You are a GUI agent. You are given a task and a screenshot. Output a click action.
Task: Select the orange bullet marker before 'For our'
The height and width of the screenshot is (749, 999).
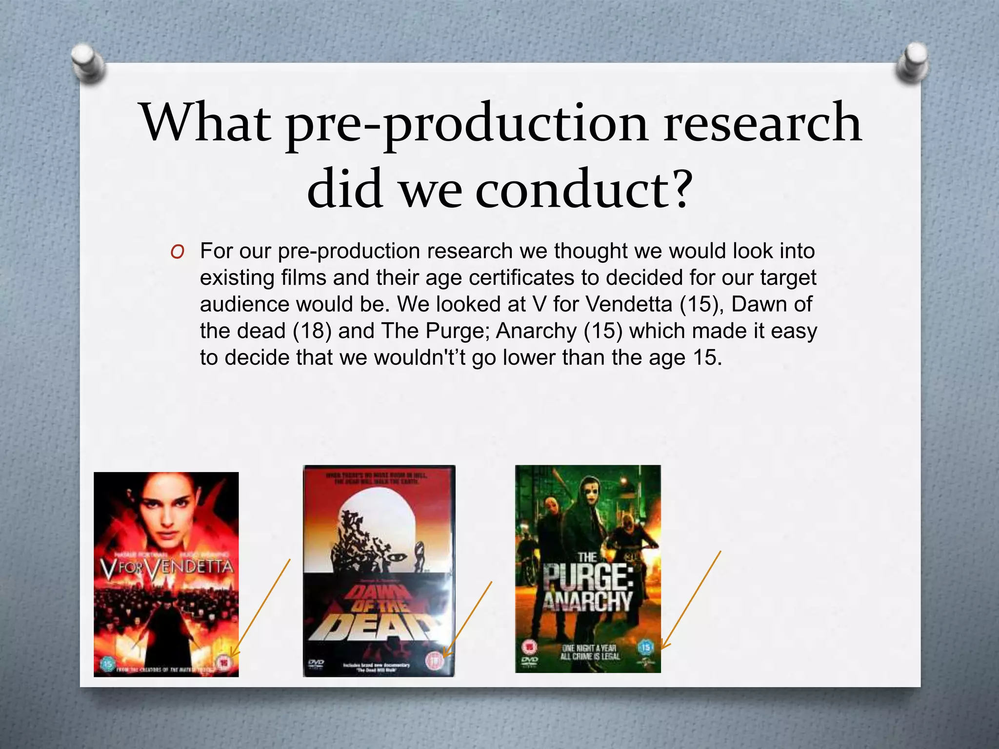click(178, 252)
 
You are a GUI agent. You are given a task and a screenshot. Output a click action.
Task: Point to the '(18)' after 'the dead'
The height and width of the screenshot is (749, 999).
click(312, 331)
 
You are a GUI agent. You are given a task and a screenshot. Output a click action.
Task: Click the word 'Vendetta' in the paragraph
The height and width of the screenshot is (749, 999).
click(629, 304)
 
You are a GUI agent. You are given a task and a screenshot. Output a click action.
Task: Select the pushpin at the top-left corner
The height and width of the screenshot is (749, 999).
click(88, 62)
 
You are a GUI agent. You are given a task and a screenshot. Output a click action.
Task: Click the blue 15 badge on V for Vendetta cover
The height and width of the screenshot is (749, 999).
click(108, 664)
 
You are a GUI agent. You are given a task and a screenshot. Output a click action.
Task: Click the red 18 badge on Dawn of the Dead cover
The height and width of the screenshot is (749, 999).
click(434, 660)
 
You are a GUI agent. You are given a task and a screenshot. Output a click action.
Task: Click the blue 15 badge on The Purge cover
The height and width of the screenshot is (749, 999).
click(645, 648)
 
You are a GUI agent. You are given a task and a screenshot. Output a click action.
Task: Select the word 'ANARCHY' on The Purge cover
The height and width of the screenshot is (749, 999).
click(588, 601)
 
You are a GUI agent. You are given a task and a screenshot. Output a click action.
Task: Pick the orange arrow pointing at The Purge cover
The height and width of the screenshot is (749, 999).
click(690, 599)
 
